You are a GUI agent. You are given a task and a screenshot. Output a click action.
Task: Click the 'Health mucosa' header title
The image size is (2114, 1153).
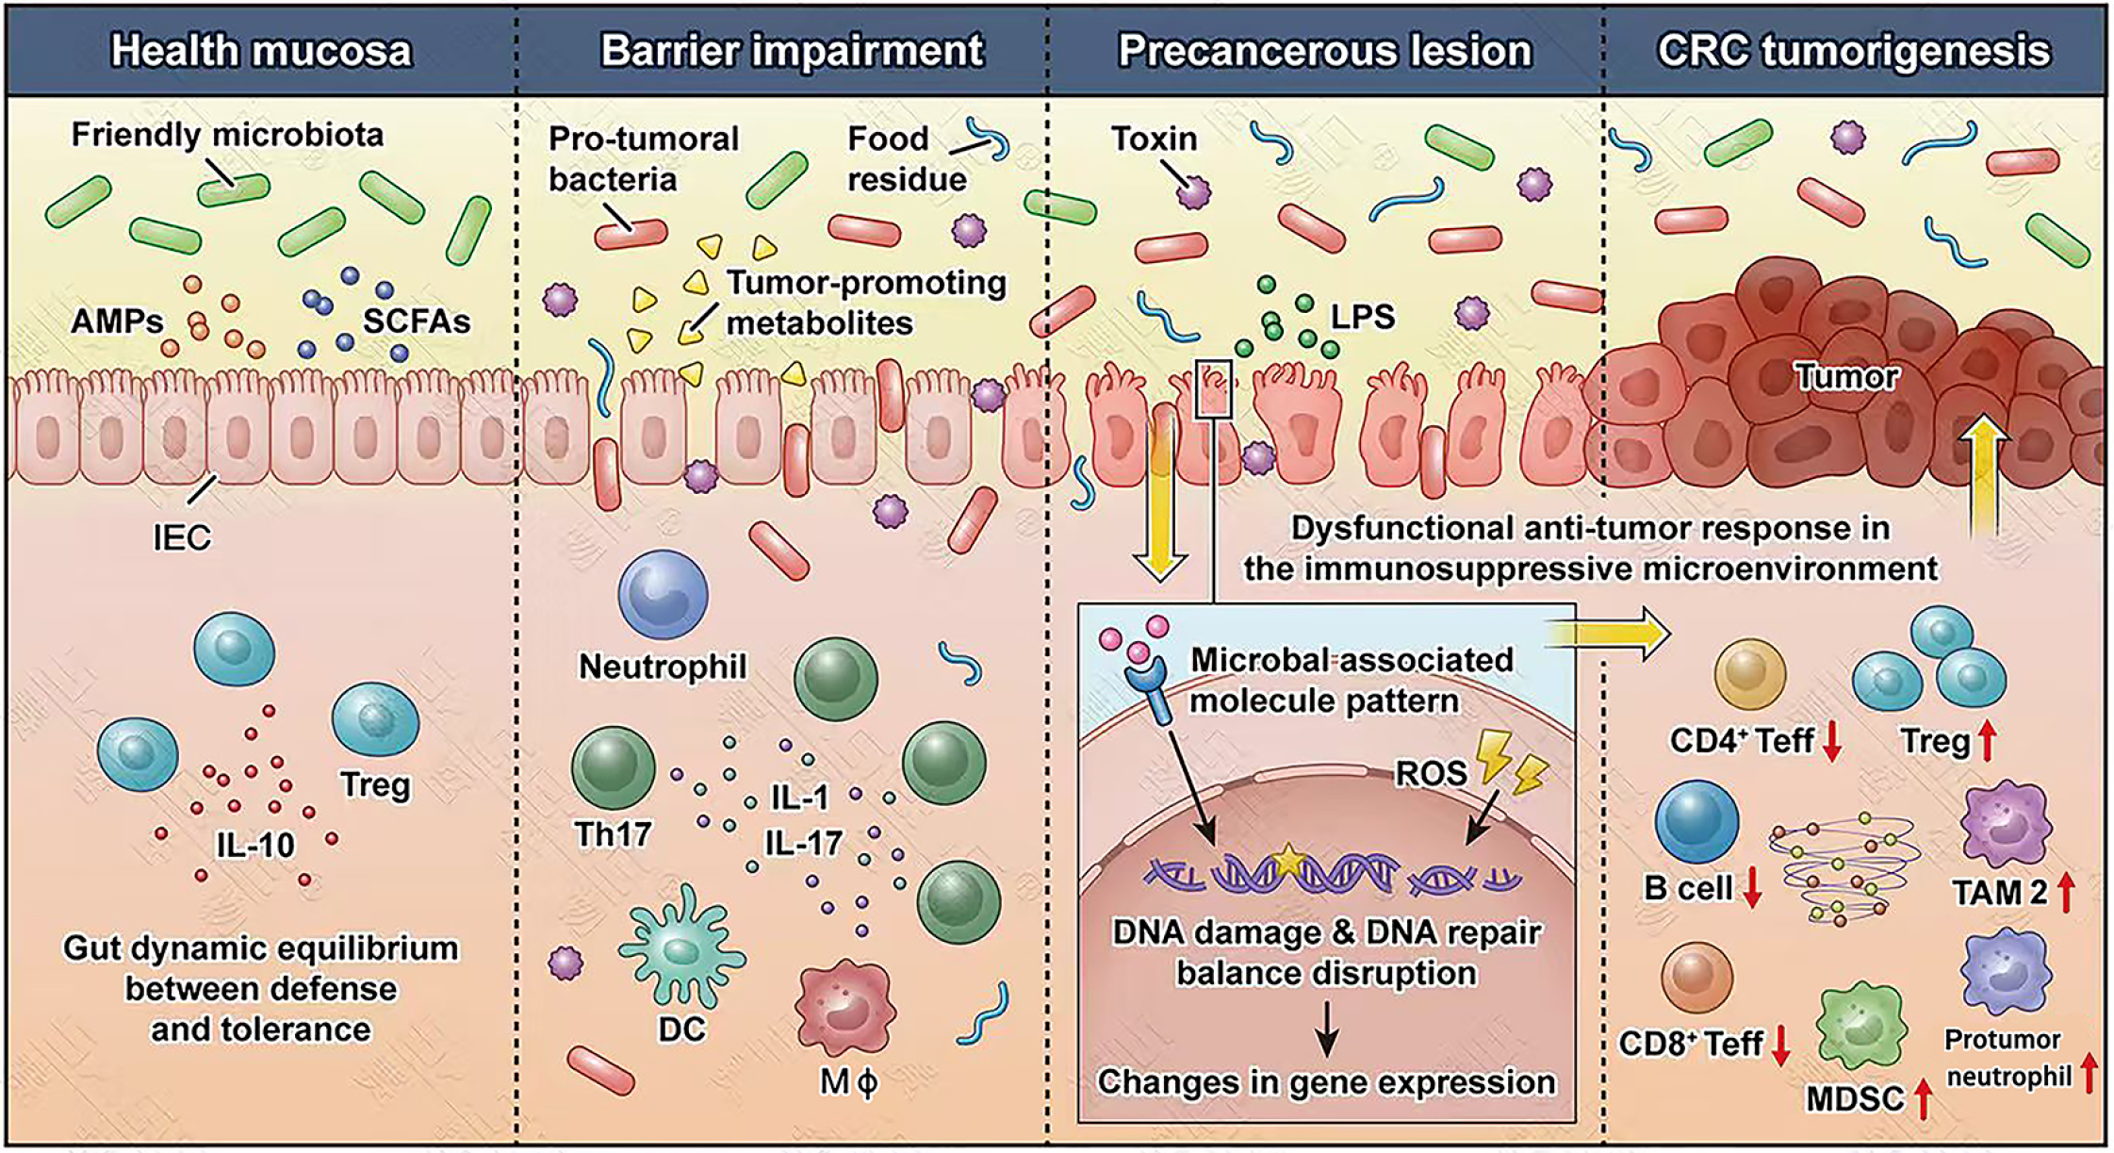click(x=261, y=51)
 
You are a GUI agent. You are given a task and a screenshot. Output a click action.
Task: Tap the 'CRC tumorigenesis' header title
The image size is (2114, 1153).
click(x=1853, y=51)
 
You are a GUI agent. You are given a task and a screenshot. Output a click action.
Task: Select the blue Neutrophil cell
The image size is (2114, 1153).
click(x=663, y=596)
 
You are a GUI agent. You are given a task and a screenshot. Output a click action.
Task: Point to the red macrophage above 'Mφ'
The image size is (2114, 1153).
click(x=844, y=1009)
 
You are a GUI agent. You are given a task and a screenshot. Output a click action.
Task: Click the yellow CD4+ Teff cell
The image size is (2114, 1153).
click(x=1749, y=674)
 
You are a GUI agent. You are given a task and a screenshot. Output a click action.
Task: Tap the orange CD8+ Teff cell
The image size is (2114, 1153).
click(x=1696, y=978)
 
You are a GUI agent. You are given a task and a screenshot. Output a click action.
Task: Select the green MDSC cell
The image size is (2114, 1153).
click(x=1861, y=1029)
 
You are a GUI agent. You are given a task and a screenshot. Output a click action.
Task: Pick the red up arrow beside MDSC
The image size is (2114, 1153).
click(x=1924, y=1099)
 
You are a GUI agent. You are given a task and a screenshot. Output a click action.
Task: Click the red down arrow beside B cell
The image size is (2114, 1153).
click(x=1752, y=889)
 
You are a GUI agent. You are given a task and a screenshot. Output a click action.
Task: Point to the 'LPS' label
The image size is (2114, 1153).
click(x=1362, y=317)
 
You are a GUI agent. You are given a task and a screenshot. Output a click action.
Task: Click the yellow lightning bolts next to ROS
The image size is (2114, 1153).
click(x=1514, y=762)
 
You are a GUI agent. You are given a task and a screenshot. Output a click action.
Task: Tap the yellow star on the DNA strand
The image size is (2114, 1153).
click(x=1286, y=860)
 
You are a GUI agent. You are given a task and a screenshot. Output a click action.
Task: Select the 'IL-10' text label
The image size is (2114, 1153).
click(x=255, y=844)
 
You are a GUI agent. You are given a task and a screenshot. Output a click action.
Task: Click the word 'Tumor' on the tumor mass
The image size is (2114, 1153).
click(x=1845, y=376)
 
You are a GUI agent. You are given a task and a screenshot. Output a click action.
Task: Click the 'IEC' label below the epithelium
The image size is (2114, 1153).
click(x=182, y=537)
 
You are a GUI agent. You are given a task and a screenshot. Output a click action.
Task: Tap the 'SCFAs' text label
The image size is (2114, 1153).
click(x=416, y=321)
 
